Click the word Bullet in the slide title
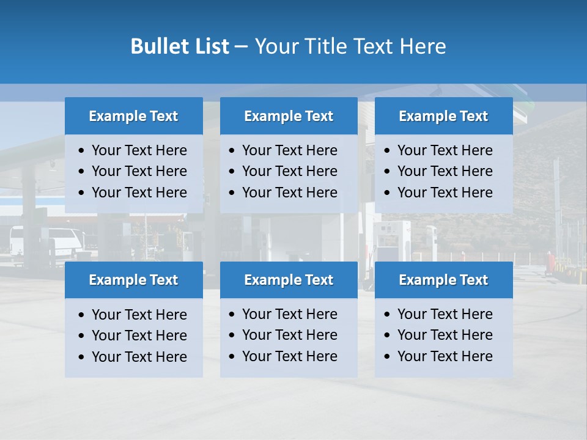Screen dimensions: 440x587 coord(158,46)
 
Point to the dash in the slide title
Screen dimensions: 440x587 coord(241,47)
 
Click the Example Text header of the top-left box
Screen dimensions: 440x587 coord(133,116)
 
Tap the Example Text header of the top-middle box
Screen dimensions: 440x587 coord(289,116)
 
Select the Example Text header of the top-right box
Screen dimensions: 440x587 coord(443,116)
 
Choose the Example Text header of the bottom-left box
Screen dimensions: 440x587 coord(133,280)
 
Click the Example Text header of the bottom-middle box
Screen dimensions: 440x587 coord(289,280)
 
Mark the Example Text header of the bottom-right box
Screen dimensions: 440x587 coord(443,280)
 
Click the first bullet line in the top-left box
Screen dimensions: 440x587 coord(139,150)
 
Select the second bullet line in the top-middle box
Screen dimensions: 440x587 coord(289,171)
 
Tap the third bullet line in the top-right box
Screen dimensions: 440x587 coord(445,193)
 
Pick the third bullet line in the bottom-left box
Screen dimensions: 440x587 coord(139,357)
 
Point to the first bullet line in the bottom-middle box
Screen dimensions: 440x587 coord(289,314)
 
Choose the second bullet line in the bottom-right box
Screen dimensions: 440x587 coord(445,335)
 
